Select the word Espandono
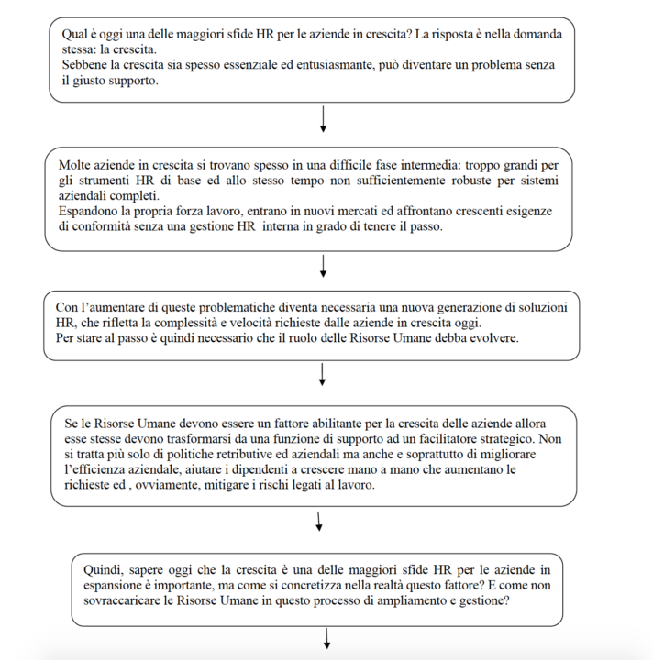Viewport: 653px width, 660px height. pos(89,213)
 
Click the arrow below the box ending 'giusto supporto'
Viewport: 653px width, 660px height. pos(324,119)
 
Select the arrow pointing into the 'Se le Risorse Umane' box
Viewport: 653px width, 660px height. pos(324,375)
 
